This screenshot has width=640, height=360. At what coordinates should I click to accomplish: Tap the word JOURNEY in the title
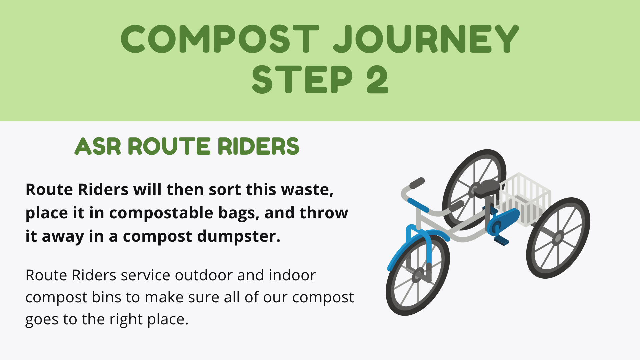click(426, 39)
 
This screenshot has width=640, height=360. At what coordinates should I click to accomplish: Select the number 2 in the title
click(377, 79)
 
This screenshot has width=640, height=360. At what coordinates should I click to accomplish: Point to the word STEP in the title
click(302, 79)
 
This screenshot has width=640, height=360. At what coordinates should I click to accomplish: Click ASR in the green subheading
click(98, 146)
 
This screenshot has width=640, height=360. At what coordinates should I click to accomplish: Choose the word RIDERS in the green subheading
click(258, 146)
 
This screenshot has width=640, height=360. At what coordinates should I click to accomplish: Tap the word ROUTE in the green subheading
click(169, 146)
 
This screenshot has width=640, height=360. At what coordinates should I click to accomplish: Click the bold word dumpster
click(239, 236)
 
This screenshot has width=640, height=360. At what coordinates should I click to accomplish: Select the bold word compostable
click(161, 213)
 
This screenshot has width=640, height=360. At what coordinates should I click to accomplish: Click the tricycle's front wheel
click(418, 276)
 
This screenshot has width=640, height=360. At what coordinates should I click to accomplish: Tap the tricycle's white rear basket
click(522, 199)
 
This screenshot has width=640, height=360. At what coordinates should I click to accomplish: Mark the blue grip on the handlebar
click(418, 205)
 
